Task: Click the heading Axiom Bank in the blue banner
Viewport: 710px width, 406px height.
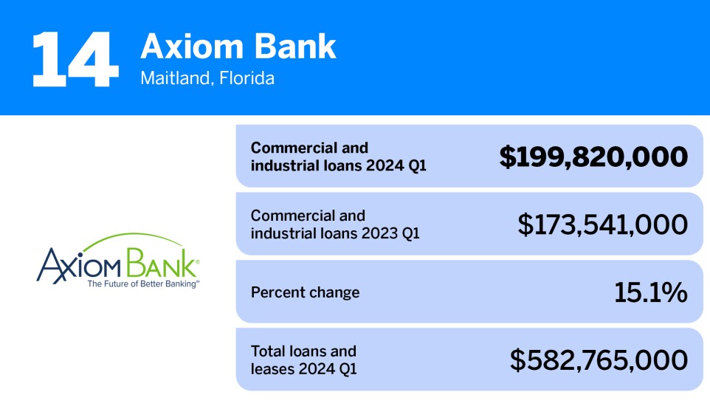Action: [x=238, y=46]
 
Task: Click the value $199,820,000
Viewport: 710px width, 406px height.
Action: [x=593, y=156]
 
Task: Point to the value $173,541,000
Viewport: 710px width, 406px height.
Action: [x=602, y=224]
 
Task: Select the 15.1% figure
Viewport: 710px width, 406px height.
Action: [x=650, y=292]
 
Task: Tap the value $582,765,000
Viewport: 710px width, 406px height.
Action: [x=599, y=360]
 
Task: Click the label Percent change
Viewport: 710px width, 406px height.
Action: [x=305, y=292]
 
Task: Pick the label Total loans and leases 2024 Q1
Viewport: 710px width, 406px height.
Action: [x=303, y=359]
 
